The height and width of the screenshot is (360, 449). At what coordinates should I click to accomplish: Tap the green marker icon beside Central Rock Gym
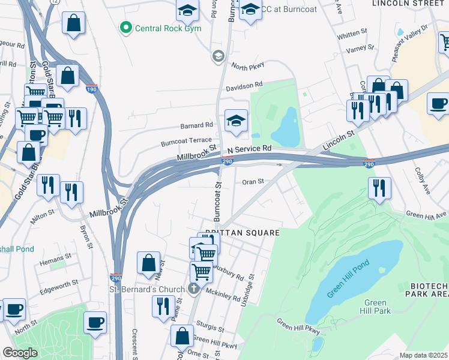point(125,27)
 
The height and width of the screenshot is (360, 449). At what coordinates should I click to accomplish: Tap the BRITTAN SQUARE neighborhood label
point(243,232)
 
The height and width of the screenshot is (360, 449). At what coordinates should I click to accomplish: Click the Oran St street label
point(253,181)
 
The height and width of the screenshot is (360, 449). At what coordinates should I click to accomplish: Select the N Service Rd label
point(250,148)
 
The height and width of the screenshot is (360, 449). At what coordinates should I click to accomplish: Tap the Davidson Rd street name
point(244,86)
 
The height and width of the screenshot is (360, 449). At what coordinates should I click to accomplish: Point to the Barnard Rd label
point(196,125)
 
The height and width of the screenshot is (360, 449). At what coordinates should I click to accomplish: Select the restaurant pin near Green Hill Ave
point(379,188)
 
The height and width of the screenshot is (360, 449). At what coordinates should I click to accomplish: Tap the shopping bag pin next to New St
point(148,262)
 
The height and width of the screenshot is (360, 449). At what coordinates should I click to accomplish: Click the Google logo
point(20,353)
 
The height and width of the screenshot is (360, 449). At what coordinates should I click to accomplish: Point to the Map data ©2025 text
point(423,355)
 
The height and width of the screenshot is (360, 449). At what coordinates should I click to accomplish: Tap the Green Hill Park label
point(376,307)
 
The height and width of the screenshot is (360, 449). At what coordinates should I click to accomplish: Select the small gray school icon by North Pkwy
point(217,57)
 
